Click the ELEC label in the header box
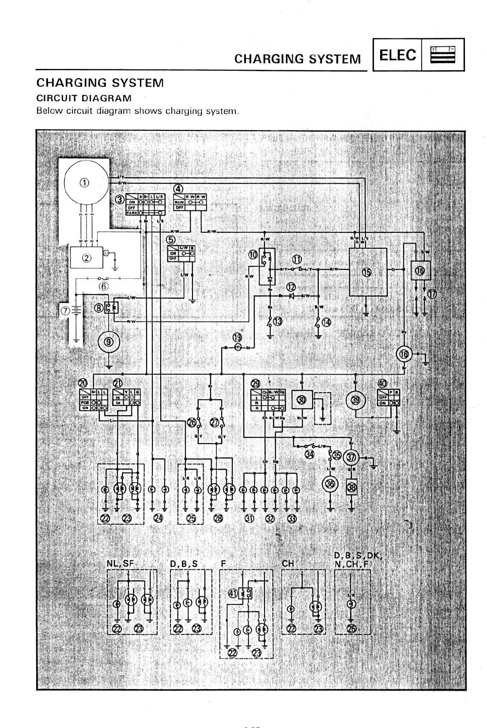(x=397, y=55)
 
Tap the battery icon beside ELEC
(x=443, y=55)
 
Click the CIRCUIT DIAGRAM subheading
(x=84, y=98)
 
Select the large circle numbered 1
(x=85, y=183)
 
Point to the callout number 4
(x=178, y=189)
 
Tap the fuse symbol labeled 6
(x=103, y=279)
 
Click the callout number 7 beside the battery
(x=65, y=310)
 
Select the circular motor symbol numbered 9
(x=109, y=341)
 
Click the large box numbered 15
(x=368, y=272)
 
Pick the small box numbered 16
(x=420, y=270)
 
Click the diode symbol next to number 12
(x=291, y=296)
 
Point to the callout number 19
(x=238, y=337)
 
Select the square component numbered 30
(x=302, y=400)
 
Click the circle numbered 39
(x=356, y=400)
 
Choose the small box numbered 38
(x=351, y=488)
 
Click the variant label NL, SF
(x=120, y=563)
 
